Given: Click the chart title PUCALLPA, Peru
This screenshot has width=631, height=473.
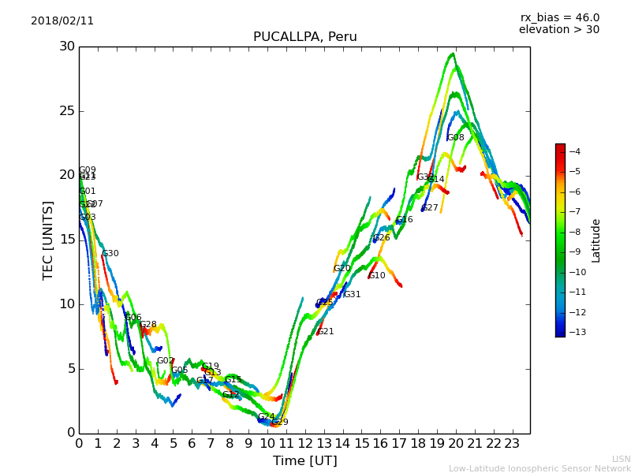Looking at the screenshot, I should click(x=304, y=37).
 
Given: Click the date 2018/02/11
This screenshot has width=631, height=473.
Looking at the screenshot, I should click(x=62, y=21).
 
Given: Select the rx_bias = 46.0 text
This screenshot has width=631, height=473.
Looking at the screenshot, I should click(x=559, y=18).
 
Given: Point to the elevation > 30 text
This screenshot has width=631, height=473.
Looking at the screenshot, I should click(x=558, y=30).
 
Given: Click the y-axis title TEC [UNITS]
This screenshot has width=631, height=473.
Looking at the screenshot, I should click(x=48, y=240).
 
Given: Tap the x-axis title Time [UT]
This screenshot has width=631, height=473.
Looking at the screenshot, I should click(x=304, y=461).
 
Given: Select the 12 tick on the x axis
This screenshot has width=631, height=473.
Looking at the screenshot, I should click(x=304, y=444).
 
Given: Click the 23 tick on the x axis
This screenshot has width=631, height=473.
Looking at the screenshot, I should click(x=512, y=444).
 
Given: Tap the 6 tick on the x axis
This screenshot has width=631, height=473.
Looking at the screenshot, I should click(x=192, y=444).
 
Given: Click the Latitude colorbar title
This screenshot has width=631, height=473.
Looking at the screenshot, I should click(x=596, y=240).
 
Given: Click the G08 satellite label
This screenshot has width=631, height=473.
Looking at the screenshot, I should click(x=455, y=138).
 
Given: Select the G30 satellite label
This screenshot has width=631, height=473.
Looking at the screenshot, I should click(x=110, y=254).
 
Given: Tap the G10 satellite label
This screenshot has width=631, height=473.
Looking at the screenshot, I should click(x=377, y=276).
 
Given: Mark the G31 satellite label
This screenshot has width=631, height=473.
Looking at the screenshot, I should click(x=352, y=295).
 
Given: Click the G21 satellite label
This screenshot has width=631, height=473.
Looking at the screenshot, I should click(x=326, y=332).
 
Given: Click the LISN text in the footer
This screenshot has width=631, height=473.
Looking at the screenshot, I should click(x=621, y=459).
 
